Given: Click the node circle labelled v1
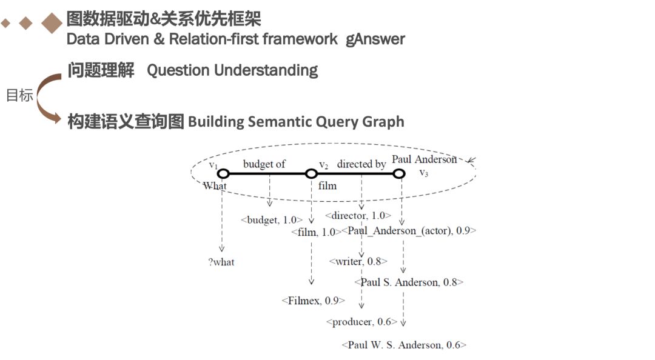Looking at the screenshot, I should point(223,173).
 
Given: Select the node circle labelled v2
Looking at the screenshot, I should point(311,174).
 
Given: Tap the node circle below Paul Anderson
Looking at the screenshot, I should point(398,174).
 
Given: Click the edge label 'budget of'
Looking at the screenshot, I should point(264,164).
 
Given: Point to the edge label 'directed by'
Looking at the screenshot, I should point(361,164).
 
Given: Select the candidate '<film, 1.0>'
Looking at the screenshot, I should point(313,232).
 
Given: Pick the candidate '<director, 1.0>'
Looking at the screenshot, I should point(358,215).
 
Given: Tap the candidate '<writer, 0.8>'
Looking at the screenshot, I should point(358,261).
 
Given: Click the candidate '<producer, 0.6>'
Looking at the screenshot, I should point(361,322).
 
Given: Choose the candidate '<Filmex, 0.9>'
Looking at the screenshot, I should point(313,300).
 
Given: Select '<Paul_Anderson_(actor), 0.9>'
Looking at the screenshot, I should point(409,230).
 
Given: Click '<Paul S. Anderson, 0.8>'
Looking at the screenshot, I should point(409,282).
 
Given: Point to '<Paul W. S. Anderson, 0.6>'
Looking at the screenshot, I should point(404,345).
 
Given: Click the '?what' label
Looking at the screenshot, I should point(221,262).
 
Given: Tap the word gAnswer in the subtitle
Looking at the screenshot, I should point(375,39).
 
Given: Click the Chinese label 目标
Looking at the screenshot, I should point(19,96).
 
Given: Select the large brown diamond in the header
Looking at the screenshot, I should point(52,23).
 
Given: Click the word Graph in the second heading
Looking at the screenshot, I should point(383,122).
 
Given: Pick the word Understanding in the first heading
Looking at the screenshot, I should point(266,70).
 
